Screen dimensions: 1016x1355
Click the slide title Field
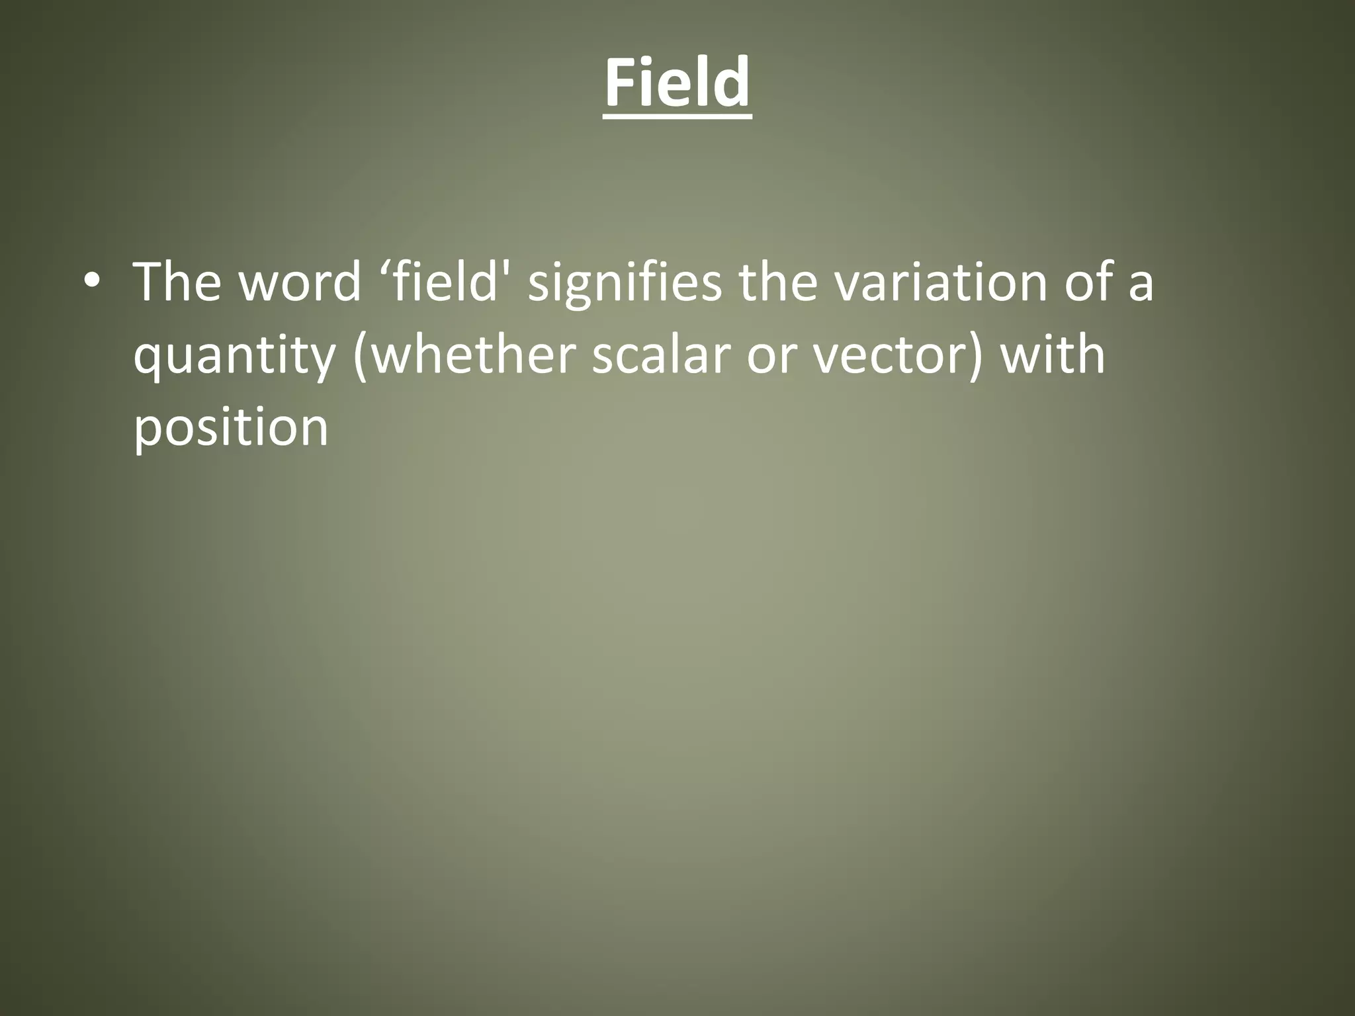coord(677,83)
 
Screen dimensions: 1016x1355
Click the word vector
coord(886,356)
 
